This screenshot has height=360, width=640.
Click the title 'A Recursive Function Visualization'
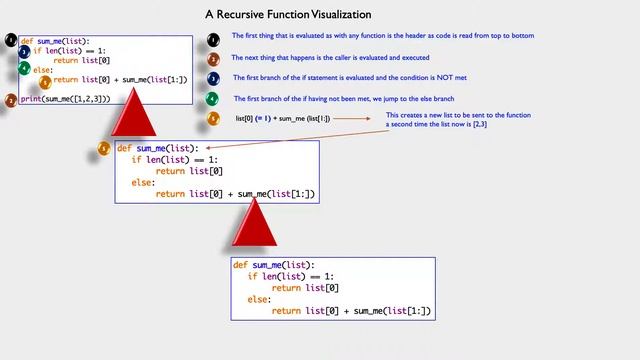tap(288, 15)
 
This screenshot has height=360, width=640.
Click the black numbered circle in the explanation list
tap(213, 40)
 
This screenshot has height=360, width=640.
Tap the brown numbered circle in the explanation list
tap(213, 60)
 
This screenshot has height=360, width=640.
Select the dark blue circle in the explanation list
tap(213, 79)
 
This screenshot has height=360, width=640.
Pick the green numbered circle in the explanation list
tap(213, 99)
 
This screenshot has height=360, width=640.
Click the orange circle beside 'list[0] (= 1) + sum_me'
tap(213, 118)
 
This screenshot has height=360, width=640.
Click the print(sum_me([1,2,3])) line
tap(65, 100)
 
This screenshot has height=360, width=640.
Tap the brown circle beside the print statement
tap(11, 100)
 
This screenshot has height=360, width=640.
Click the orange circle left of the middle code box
tap(105, 149)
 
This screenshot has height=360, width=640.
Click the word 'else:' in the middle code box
tap(142, 183)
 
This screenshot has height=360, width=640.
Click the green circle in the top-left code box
tap(23, 67)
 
